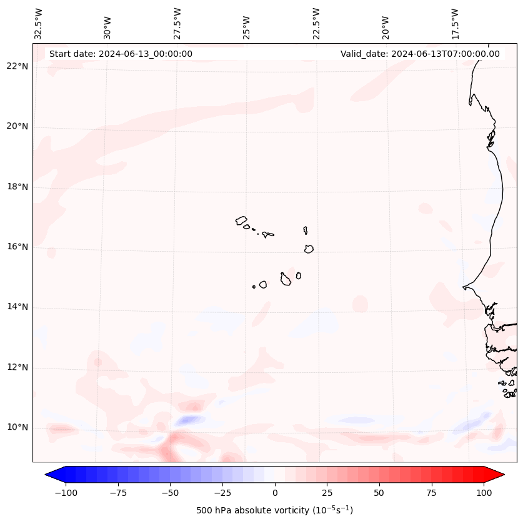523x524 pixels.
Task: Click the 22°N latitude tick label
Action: pos(17,67)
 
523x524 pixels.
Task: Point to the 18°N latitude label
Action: pos(17,187)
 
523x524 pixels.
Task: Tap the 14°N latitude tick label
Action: pos(17,307)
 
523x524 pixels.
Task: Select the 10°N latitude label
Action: pos(17,428)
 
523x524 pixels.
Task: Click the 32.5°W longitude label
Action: pos(39,23)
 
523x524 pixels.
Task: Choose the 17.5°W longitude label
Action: pos(456,23)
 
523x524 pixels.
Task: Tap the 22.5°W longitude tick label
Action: pos(316,23)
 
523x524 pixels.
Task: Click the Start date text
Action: pos(121,54)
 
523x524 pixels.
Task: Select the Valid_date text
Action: pos(420,54)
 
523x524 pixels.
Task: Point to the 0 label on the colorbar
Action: pos(275,493)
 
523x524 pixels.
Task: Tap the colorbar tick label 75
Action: pos(431,493)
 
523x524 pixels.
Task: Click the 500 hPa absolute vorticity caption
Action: pos(275,510)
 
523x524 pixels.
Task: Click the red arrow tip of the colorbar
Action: pos(496,475)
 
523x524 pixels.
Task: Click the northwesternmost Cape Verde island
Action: pos(241,220)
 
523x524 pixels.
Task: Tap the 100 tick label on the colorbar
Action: pos(484,493)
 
